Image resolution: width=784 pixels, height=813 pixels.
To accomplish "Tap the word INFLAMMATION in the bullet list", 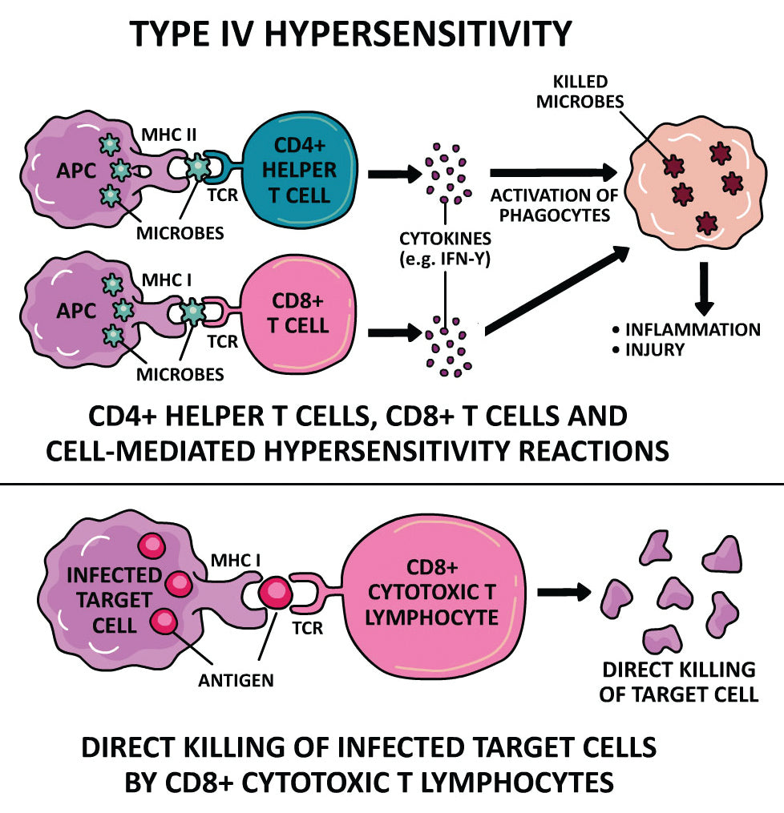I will click(x=692, y=329).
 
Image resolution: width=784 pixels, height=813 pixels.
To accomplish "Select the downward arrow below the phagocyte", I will click(x=705, y=289).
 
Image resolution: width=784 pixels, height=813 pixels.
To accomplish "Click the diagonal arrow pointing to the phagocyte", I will click(x=556, y=288).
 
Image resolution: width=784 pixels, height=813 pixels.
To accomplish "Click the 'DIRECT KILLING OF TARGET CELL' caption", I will click(x=679, y=682).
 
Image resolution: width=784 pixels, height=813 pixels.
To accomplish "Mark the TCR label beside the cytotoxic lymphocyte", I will click(x=308, y=629).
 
